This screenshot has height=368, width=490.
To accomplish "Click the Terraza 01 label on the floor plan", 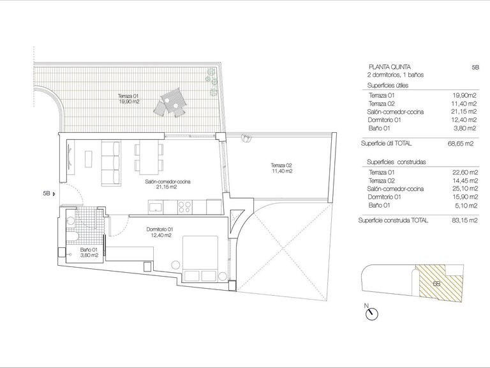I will pyautogui.click(x=128, y=98).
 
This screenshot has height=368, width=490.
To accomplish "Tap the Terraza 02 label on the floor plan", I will pyautogui.click(x=281, y=169).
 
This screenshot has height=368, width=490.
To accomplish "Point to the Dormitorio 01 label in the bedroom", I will pyautogui.click(x=160, y=231).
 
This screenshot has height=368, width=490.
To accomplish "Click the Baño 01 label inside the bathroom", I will pyautogui.click(x=88, y=252).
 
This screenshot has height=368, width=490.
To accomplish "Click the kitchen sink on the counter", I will pyautogui.click(x=156, y=206).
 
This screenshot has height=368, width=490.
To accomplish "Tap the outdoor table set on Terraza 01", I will pyautogui.click(x=171, y=102).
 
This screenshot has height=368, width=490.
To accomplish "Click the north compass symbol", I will pyautogui.click(x=373, y=314).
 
